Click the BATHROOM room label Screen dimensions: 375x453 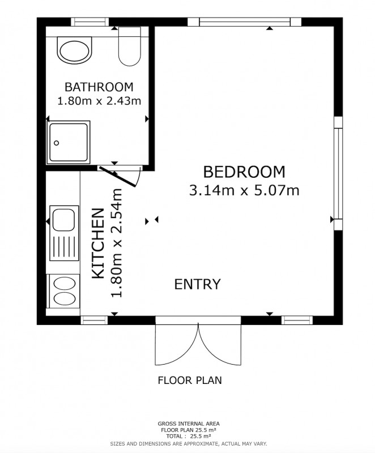(x=99, y=87)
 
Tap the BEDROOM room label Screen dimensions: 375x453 (x=244, y=172)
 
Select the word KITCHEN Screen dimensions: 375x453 (x=98, y=243)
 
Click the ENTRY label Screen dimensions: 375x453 (x=197, y=284)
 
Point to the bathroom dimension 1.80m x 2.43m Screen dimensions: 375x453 (x=99, y=101)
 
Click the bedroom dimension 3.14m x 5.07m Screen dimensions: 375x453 (x=244, y=190)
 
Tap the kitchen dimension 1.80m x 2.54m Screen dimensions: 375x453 (x=117, y=243)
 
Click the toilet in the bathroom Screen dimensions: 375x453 (x=129, y=46)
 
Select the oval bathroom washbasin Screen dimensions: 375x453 (x=75, y=50)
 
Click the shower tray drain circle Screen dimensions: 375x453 (x=56, y=143)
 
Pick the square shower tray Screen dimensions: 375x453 (x=69, y=142)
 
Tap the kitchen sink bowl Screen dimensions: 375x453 (x=64, y=219)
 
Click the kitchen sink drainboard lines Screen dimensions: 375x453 (x=64, y=246)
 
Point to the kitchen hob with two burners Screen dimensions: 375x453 (x=65, y=291)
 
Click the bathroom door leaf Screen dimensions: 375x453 (x=118, y=177)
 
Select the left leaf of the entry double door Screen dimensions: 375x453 (x=177, y=344)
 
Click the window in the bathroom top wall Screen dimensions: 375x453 (x=90, y=22)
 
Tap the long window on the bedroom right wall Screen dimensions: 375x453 (x=338, y=173)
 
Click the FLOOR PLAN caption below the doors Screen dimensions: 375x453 (x=190, y=380)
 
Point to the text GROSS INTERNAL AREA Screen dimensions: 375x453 (x=189, y=424)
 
